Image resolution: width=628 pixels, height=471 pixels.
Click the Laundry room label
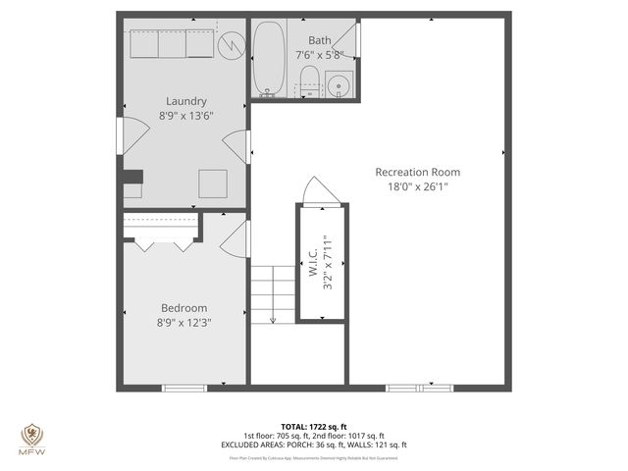[x=185, y=101]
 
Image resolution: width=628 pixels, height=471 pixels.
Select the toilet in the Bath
[x=307, y=82]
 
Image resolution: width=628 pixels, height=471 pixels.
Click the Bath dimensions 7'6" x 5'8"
[x=320, y=55]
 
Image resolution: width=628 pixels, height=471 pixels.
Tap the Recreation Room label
[x=417, y=172]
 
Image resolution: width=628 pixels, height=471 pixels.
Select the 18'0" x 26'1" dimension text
[x=417, y=186]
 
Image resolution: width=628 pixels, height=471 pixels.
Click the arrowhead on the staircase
[x=274, y=317]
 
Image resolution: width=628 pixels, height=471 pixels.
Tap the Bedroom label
[x=185, y=307]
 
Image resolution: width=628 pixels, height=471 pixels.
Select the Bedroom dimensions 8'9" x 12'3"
[x=185, y=321]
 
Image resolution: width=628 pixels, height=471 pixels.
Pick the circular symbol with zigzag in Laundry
[x=230, y=45]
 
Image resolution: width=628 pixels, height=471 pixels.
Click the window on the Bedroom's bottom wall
[x=184, y=389]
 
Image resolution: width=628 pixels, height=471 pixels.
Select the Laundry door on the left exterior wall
[x=120, y=136]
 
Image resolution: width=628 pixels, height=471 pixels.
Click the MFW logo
[x=32, y=438]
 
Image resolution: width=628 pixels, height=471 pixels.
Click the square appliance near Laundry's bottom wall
[x=212, y=183]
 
